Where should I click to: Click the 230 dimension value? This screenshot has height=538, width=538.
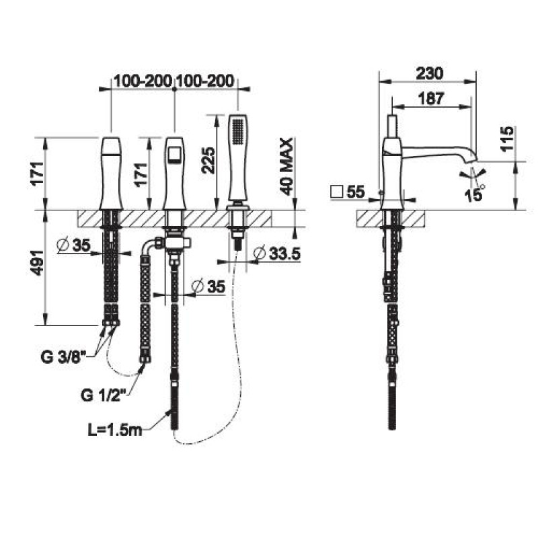pos(430,73)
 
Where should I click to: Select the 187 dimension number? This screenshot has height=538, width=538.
pos(431,99)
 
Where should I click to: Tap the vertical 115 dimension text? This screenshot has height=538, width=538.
pos(507,139)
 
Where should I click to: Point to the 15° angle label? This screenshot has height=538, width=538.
pos(474,194)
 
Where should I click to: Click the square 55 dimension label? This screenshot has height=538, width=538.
pos(347,192)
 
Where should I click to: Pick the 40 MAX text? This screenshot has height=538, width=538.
pos(286,167)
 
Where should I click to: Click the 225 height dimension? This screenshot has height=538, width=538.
pos(208,161)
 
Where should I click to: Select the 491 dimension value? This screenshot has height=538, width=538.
pos(38,262)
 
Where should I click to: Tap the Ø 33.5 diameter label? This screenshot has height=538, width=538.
pos(276,254)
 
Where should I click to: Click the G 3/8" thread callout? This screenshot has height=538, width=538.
pos(63,358)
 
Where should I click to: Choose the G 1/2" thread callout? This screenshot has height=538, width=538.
pos(102,395)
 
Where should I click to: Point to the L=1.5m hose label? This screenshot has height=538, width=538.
pos(115,430)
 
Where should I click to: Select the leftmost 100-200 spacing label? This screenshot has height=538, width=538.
pos(143,81)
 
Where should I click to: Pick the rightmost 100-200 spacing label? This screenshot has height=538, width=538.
pos(205,81)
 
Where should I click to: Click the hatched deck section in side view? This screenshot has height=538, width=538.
pos(391,219)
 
